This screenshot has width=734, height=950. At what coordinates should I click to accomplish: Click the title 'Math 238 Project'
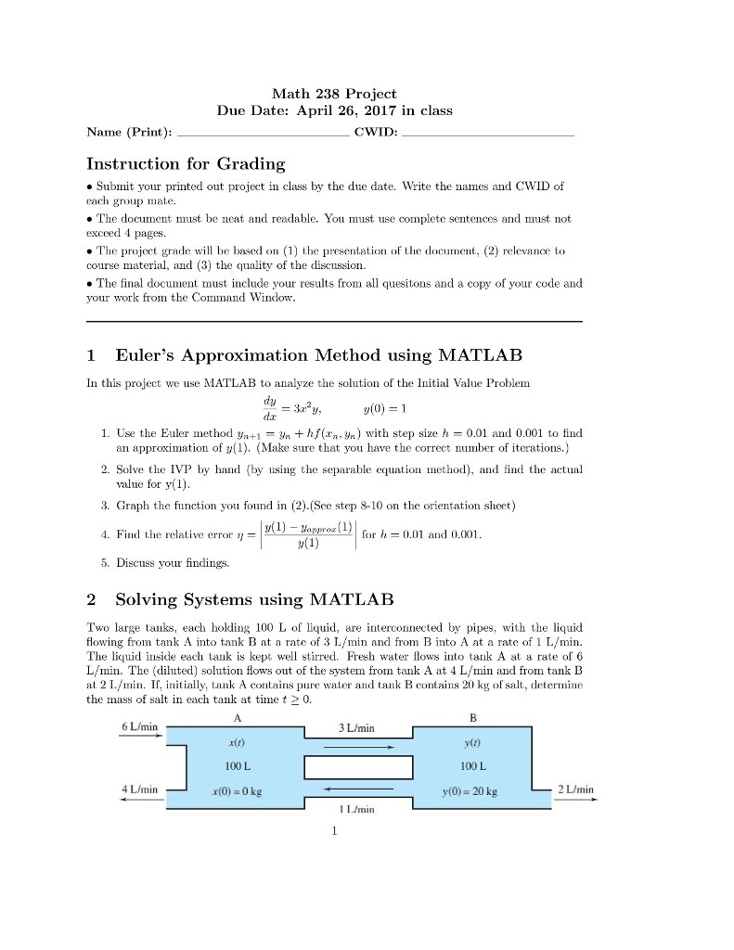point(334,94)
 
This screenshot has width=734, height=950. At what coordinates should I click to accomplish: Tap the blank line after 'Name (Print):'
point(263,135)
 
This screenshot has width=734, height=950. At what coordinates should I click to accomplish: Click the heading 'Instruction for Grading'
point(186,164)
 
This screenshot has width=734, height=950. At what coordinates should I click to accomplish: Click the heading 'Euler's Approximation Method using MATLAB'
point(318,355)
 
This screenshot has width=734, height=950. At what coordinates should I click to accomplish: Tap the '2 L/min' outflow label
point(575,790)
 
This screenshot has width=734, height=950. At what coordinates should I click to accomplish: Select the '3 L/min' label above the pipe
point(356,728)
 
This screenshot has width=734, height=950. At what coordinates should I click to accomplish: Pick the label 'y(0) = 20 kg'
point(470,791)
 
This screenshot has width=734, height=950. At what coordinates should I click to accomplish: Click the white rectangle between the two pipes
point(358,768)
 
